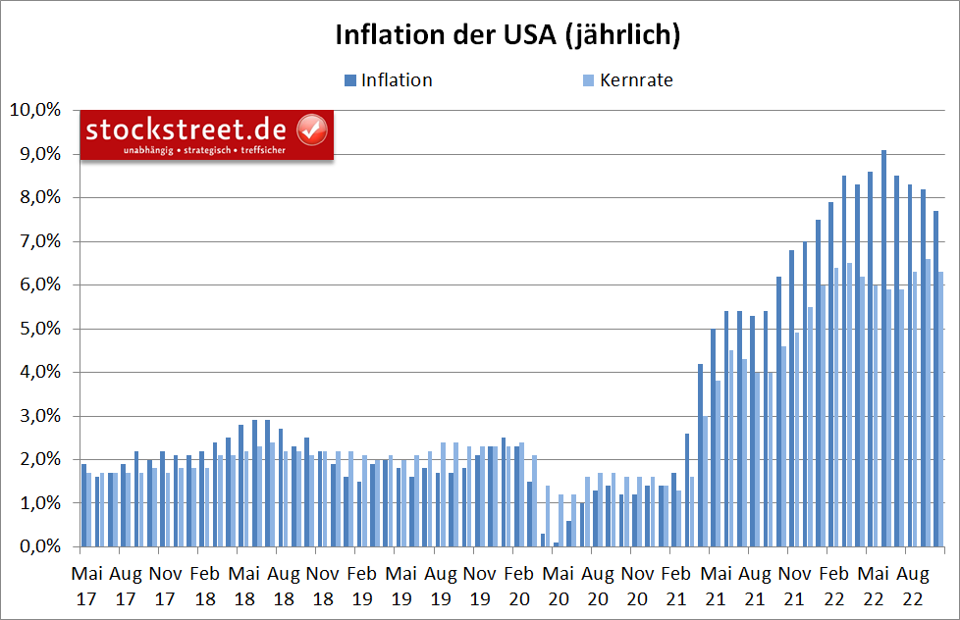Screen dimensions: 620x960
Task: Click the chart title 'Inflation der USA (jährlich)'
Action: point(507,34)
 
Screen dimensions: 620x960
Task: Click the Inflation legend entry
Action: point(396,80)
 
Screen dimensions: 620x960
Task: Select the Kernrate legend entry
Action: point(635,80)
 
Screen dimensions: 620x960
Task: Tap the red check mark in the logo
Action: point(312,129)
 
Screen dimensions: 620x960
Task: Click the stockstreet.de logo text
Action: point(186,129)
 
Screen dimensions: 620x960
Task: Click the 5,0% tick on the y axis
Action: point(37,329)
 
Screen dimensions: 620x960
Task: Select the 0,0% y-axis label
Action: point(37,547)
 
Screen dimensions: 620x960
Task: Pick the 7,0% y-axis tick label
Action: point(37,241)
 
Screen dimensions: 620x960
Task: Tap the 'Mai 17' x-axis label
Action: point(86,583)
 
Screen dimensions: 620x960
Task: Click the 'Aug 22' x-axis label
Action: point(912,583)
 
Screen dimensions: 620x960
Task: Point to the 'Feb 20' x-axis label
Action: point(519,583)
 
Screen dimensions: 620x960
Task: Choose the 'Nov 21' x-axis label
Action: point(795,583)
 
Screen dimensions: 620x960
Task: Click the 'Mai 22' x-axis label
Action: point(874,583)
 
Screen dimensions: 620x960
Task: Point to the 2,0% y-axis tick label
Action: point(37,460)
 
